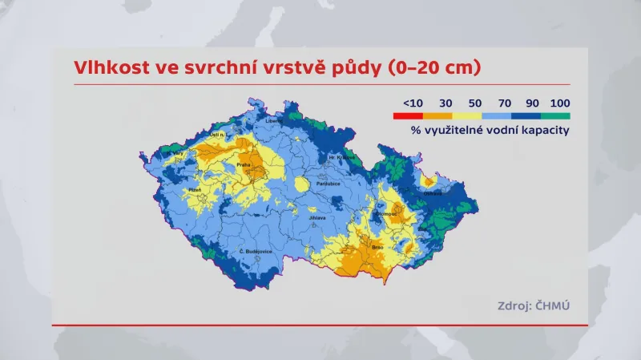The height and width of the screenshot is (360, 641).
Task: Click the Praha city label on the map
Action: (244, 165)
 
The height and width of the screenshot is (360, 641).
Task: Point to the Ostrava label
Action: (433, 193)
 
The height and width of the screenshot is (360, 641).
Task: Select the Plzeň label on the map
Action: (195, 190)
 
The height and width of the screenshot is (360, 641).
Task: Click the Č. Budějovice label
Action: (256, 252)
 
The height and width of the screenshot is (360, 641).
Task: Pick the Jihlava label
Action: (318, 217)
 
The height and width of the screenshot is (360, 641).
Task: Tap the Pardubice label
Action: (328, 184)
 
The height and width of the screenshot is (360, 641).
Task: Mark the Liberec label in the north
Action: (274, 121)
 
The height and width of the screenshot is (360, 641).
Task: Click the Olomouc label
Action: (387, 215)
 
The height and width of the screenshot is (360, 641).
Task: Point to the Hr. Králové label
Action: (342, 157)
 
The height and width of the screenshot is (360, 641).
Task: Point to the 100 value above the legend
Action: (560, 103)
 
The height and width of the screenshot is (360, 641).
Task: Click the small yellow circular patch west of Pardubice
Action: (302, 185)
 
